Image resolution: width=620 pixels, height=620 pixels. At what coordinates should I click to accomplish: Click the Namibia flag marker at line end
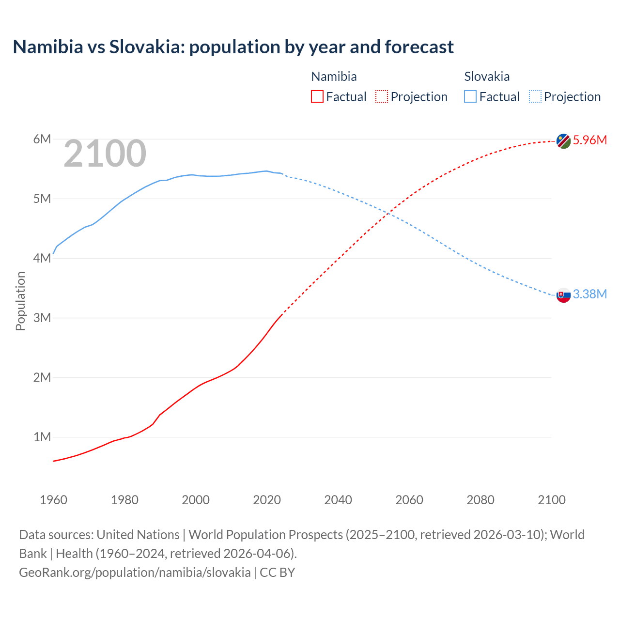pyautogui.click(x=563, y=141)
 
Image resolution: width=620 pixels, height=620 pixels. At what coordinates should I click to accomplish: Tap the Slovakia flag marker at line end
pyautogui.click(x=563, y=295)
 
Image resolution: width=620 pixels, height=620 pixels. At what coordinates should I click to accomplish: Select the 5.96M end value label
pyautogui.click(x=589, y=140)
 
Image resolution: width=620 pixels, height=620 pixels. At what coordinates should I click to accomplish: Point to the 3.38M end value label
pyautogui.click(x=589, y=294)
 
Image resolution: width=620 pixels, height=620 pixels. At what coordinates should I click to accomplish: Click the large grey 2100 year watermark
pyautogui.click(x=105, y=154)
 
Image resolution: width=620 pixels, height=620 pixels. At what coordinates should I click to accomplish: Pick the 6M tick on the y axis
pyautogui.click(x=42, y=139)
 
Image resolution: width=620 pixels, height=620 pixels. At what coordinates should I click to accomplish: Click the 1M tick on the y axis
pyautogui.click(x=42, y=437)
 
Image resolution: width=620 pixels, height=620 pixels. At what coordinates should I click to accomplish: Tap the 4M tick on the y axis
pyautogui.click(x=42, y=259)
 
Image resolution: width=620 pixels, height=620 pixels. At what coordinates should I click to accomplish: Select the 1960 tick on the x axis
pyautogui.click(x=53, y=500)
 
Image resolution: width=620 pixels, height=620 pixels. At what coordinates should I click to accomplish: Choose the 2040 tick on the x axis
pyautogui.click(x=338, y=500)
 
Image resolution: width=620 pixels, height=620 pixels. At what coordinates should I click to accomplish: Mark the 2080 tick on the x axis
pyautogui.click(x=480, y=500)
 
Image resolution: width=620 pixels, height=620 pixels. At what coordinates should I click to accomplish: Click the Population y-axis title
pyautogui.click(x=20, y=301)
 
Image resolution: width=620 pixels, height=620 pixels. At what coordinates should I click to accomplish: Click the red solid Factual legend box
pyautogui.click(x=317, y=97)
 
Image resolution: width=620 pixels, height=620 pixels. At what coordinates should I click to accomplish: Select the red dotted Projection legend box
pyautogui.click(x=382, y=97)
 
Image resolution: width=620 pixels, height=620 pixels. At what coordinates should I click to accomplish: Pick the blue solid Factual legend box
pyautogui.click(x=470, y=97)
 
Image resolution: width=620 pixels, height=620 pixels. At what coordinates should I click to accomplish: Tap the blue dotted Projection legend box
pyautogui.click(x=535, y=97)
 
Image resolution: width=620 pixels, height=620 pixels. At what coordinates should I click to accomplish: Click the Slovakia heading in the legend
pyautogui.click(x=487, y=77)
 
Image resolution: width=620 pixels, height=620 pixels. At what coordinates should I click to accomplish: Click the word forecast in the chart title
pyautogui.click(x=419, y=47)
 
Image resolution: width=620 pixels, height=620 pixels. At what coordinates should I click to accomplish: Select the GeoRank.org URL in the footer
pyautogui.click(x=135, y=573)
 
